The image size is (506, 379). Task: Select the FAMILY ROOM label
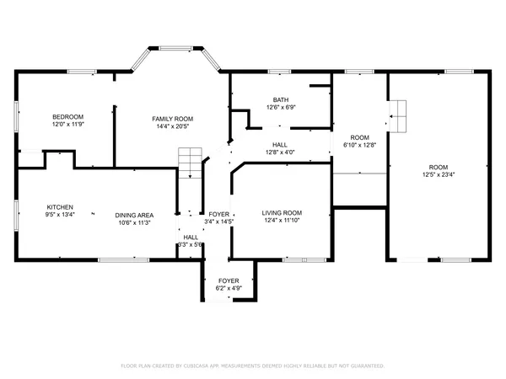172,119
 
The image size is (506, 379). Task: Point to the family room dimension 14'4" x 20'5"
172,126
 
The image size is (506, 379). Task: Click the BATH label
280,99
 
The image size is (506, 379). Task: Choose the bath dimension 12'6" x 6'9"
280,107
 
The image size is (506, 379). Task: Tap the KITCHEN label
59,207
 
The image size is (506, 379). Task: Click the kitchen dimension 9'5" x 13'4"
59,215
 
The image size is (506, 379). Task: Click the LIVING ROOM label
282,212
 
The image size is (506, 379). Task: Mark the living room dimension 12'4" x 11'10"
282,220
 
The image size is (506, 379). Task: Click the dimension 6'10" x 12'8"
360,144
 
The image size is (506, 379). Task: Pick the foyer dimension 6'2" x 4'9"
229,288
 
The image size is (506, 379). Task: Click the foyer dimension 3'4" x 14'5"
218,222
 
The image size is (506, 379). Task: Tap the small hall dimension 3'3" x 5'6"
191,245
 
